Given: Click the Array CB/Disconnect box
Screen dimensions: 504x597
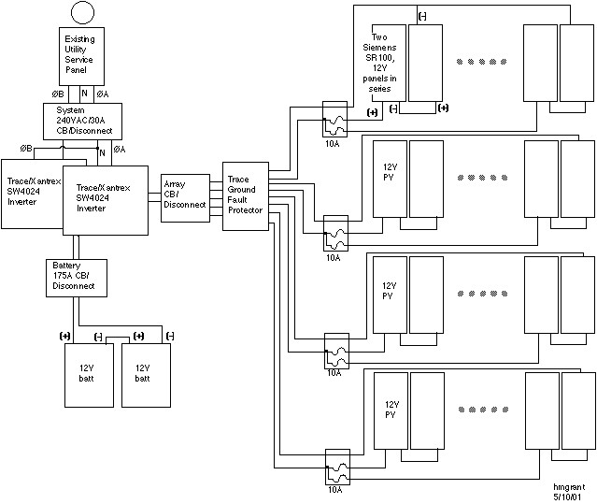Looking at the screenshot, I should tap(184, 197).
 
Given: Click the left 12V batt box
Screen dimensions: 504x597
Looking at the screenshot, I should tap(87, 373).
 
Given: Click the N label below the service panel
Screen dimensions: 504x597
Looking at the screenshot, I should tap(84, 94).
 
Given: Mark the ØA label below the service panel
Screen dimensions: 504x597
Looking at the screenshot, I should tap(103, 94).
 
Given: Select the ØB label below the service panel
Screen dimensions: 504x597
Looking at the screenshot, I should tap(58, 94).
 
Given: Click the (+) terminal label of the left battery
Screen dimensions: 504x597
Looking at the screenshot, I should tap(64, 336).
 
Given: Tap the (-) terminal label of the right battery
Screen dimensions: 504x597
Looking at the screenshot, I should tap(169, 336).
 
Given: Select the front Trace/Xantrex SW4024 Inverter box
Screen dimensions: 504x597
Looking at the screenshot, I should tap(107, 200).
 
